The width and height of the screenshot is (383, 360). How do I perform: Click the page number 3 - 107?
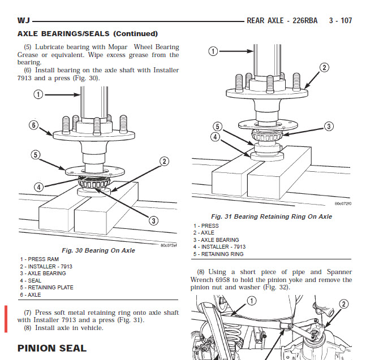pyautogui.click(x=340, y=20)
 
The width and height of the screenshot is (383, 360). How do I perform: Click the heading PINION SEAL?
pyautogui.click(x=52, y=348)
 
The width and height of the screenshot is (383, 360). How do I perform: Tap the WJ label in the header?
pyautogui.click(x=23, y=20)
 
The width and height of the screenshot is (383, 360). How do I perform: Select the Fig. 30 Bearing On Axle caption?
pyautogui.click(x=98, y=250)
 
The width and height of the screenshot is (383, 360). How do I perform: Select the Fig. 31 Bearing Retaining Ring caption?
pyautogui.click(x=272, y=216)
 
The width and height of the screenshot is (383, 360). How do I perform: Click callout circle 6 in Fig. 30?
pyautogui.click(x=34, y=125)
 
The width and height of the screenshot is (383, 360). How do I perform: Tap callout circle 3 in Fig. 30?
pyautogui.click(x=153, y=221)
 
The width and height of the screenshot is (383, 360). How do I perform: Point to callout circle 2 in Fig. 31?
pyautogui.click(x=324, y=68)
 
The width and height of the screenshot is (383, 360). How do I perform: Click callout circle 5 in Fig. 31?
pyautogui.click(x=217, y=127)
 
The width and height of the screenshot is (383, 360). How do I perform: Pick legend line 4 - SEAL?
pyautogui.click(x=31, y=281)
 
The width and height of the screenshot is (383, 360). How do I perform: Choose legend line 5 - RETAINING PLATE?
pyautogui.click(x=46, y=288)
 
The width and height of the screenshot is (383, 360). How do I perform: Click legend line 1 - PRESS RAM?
pyautogui.click(x=40, y=259)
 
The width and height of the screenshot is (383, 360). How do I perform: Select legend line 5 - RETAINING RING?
pyautogui.click(x=218, y=254)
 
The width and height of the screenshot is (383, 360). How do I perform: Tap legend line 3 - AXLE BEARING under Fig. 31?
pyautogui.click(x=216, y=240)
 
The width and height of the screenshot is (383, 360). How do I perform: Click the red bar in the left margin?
pyautogui.click(x=6, y=319)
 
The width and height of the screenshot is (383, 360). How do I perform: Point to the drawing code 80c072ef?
pyautogui.click(x=169, y=245)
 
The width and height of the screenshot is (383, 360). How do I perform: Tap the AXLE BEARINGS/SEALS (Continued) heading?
pyautogui.click(x=88, y=34)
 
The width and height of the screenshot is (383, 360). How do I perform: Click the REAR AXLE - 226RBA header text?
pyautogui.click(x=282, y=20)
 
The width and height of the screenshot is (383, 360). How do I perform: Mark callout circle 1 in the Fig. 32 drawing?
pyautogui.click(x=252, y=301)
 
